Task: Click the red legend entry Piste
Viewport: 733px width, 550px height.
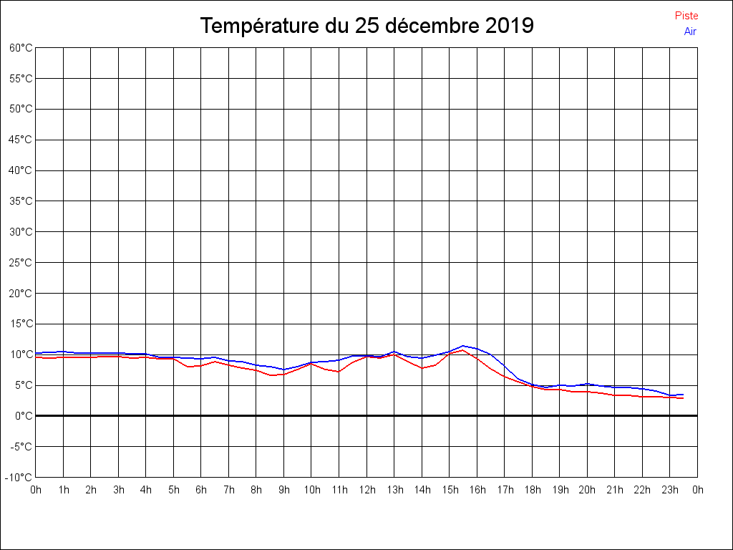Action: (686, 16)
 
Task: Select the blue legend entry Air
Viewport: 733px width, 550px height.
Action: (690, 32)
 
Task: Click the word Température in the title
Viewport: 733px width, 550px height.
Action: (261, 26)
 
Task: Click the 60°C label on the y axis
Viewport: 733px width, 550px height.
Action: (21, 48)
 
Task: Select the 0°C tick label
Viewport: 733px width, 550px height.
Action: (24, 416)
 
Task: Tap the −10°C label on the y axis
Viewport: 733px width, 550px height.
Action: (20, 478)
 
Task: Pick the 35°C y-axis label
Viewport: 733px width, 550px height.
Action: (21, 201)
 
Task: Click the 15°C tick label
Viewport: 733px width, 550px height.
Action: (21, 324)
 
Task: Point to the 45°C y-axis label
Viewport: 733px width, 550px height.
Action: (21, 140)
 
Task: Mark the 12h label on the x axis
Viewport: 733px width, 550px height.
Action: (366, 490)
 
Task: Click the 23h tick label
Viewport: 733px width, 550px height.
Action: (670, 490)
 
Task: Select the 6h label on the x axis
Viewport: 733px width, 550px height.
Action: (201, 490)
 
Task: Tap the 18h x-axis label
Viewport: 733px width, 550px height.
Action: (532, 490)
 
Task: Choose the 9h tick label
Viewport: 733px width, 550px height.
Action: (284, 490)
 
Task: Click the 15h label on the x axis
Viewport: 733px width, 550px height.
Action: (450, 490)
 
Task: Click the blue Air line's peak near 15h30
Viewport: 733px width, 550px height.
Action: (463, 346)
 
